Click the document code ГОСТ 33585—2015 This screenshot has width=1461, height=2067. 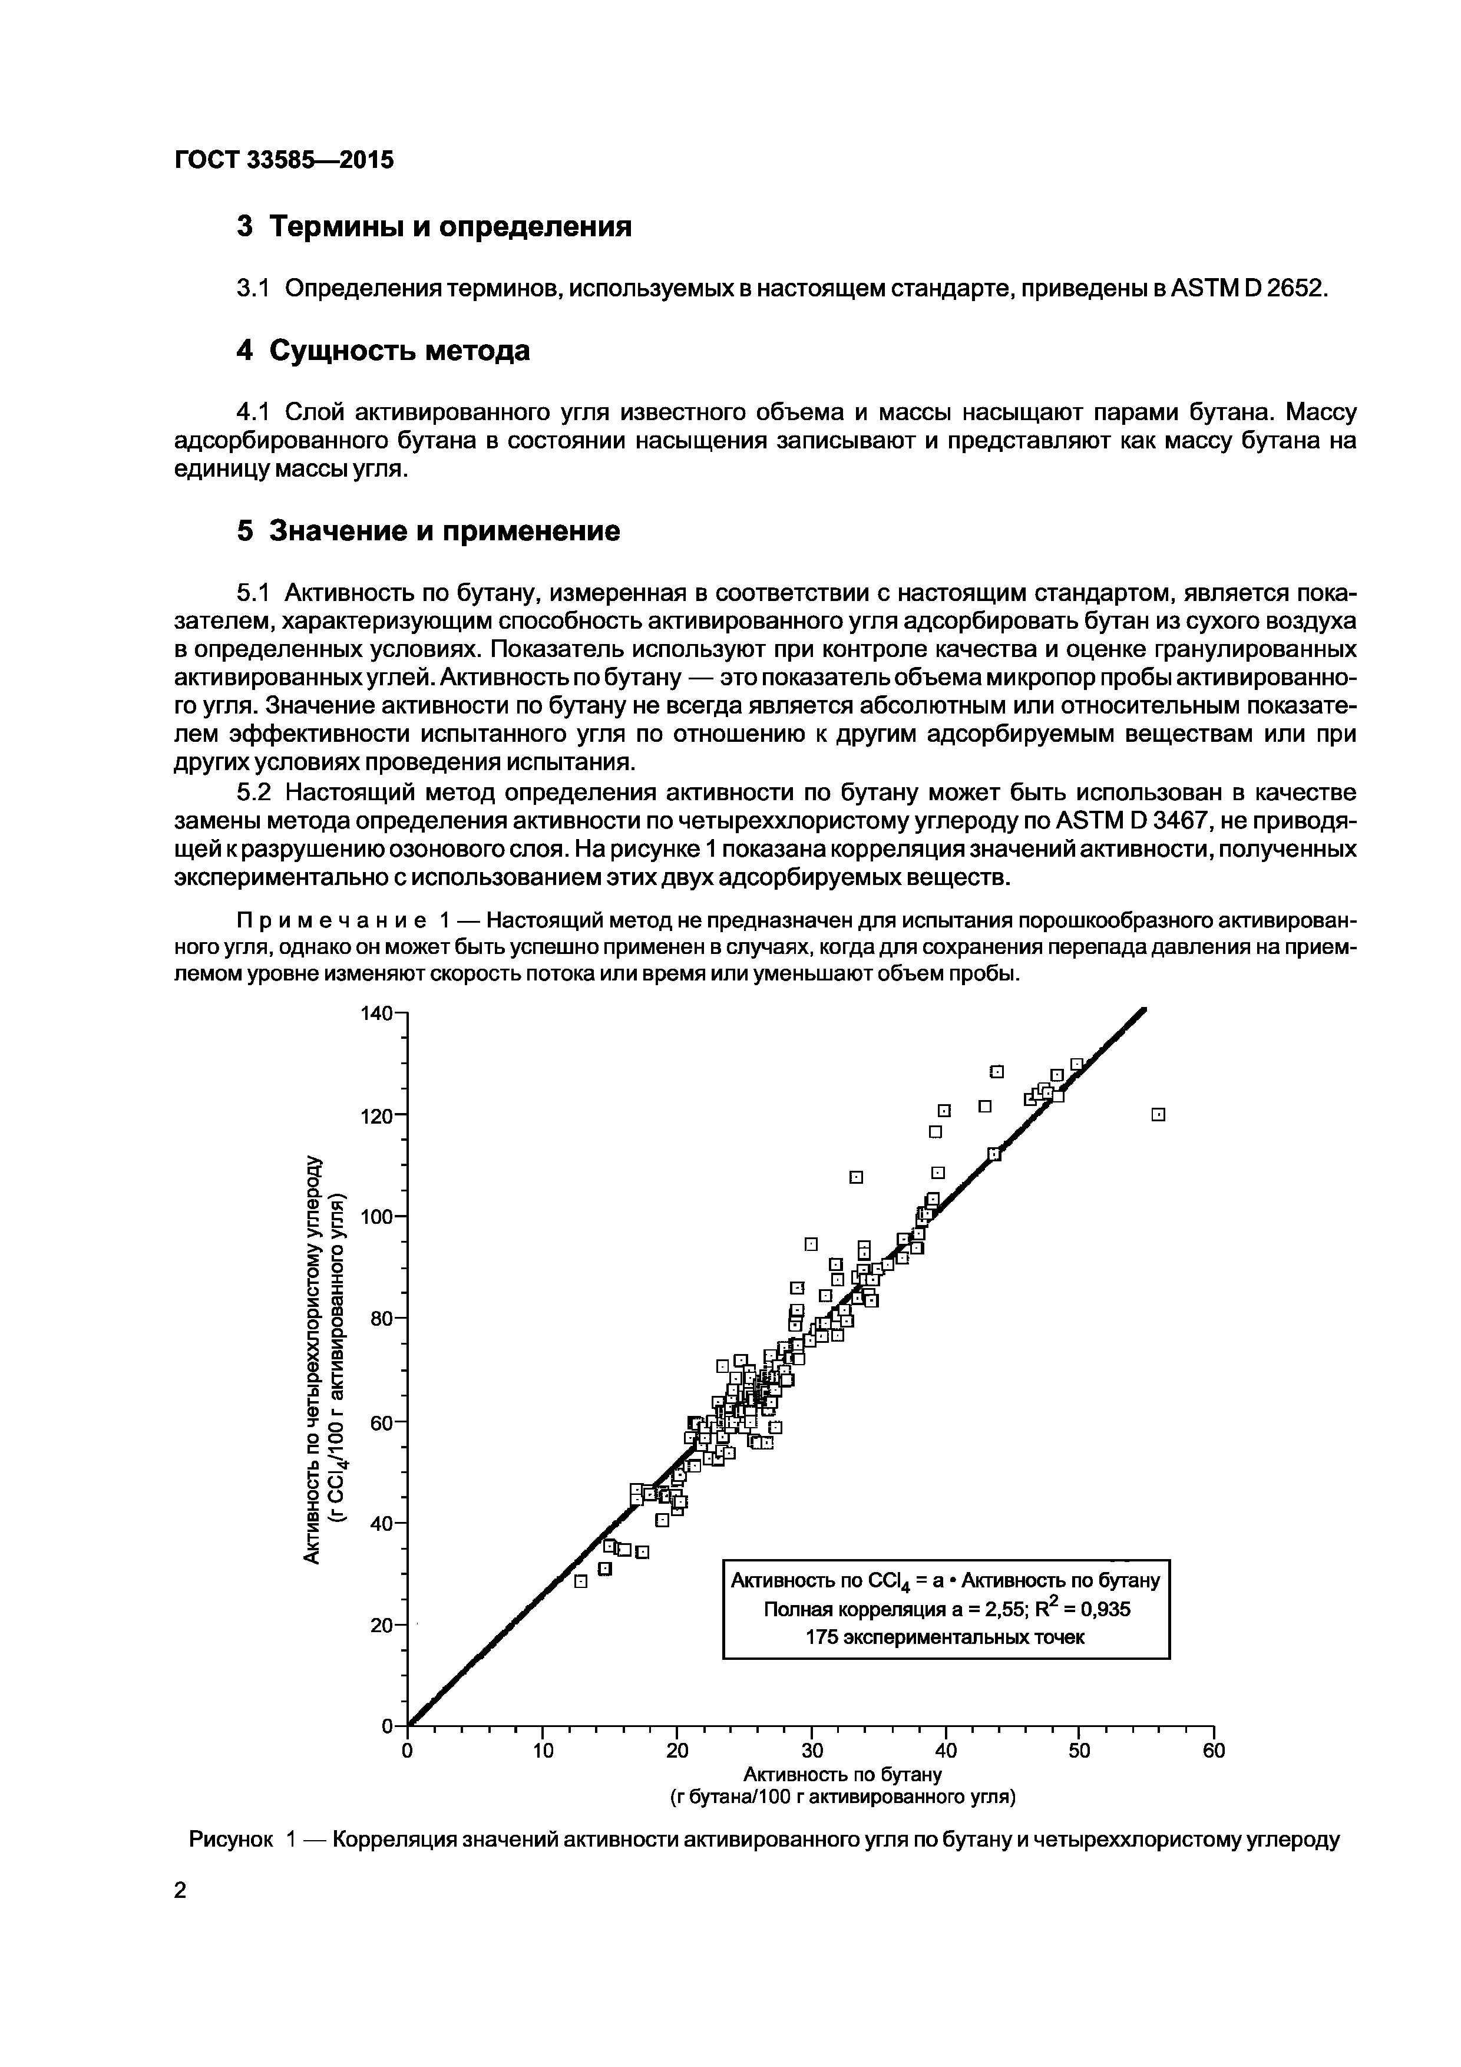(283, 160)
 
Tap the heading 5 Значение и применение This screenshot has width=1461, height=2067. (428, 531)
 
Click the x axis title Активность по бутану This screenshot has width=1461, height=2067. (842, 1774)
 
